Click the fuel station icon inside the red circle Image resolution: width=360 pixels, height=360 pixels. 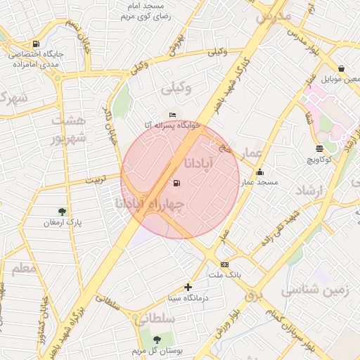(175, 184)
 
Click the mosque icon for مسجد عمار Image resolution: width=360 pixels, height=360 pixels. (260, 172)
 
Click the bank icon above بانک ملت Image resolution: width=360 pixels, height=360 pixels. (224, 264)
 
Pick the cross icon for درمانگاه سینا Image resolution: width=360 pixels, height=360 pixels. (188, 287)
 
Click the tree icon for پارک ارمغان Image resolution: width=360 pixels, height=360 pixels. (63, 211)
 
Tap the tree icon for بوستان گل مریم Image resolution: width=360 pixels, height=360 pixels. (156, 340)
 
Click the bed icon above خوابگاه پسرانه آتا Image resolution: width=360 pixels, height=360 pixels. (173, 115)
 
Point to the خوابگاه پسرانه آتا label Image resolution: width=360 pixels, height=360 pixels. (173, 125)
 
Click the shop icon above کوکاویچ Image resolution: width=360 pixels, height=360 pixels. (320, 148)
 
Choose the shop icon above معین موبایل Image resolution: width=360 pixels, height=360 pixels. (341, 69)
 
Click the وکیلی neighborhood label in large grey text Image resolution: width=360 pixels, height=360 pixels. (176, 89)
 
